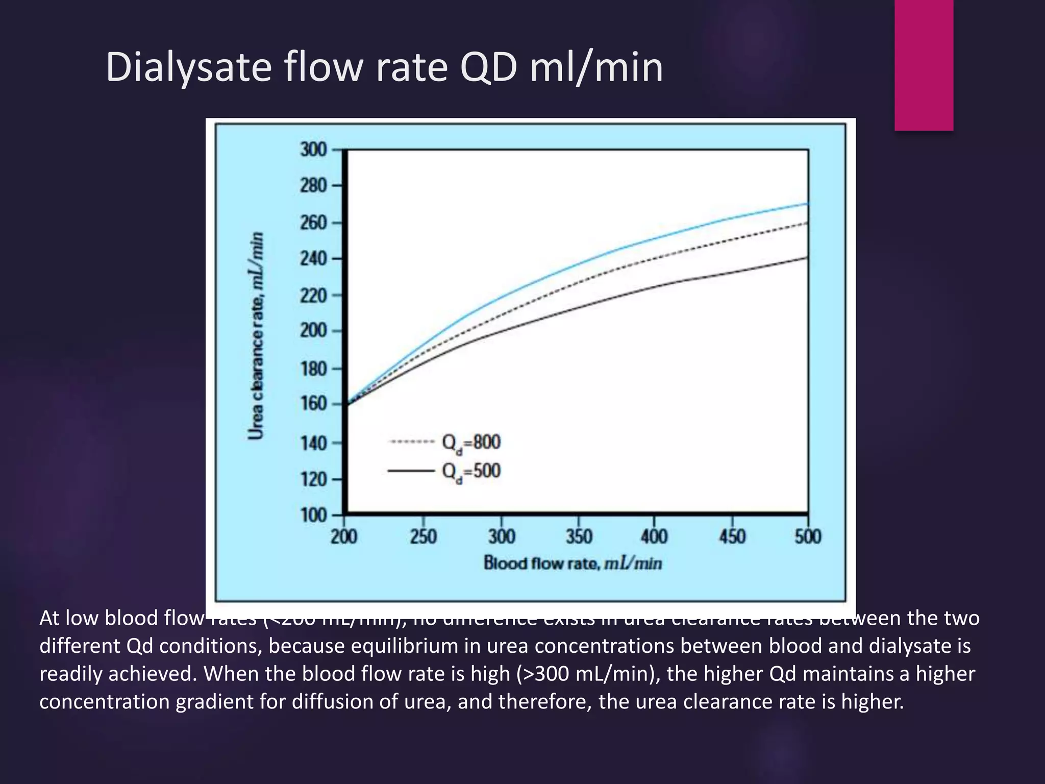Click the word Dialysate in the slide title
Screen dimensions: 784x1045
pyautogui.click(x=188, y=67)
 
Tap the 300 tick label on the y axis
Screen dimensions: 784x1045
pyautogui.click(x=313, y=150)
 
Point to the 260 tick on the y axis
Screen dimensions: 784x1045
pyautogui.click(x=313, y=223)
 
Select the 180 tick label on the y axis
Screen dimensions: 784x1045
pyautogui.click(x=313, y=369)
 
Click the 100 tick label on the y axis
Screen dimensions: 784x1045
pyautogui.click(x=313, y=515)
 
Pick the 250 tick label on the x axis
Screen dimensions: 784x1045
pyautogui.click(x=423, y=537)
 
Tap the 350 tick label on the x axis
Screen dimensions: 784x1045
pyautogui.click(x=579, y=537)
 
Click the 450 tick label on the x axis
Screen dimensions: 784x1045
pyautogui.click(x=732, y=537)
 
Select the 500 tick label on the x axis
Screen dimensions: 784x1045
pyautogui.click(x=808, y=537)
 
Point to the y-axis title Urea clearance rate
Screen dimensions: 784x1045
pyautogui.click(x=257, y=335)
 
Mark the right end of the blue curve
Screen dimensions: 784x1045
pyautogui.click(x=807, y=204)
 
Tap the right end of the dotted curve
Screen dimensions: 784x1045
pyautogui.click(x=807, y=223)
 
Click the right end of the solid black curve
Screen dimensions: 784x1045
pyautogui.click(x=807, y=257)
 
